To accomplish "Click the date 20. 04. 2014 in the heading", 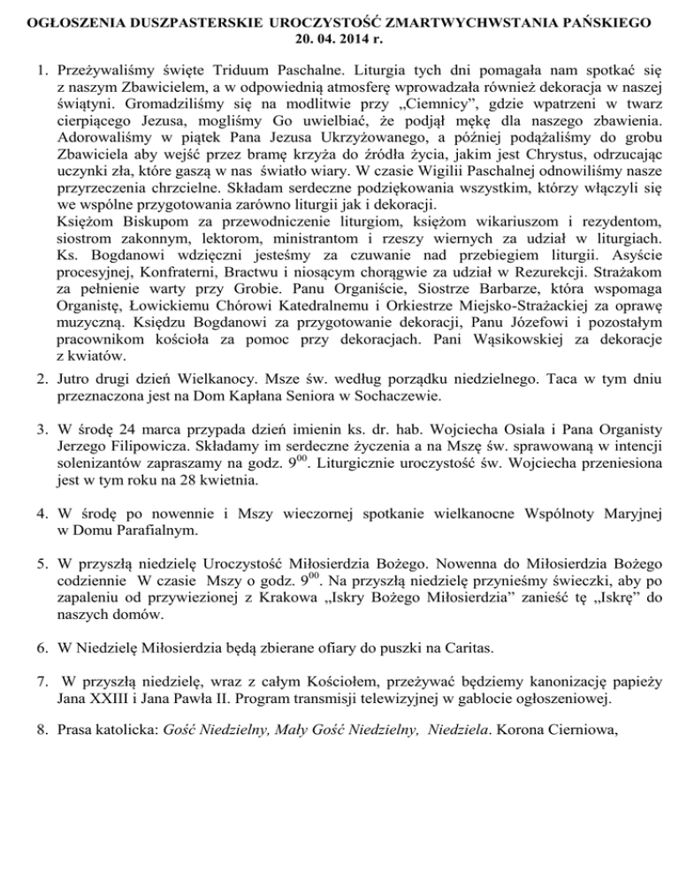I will (x=339, y=39).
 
